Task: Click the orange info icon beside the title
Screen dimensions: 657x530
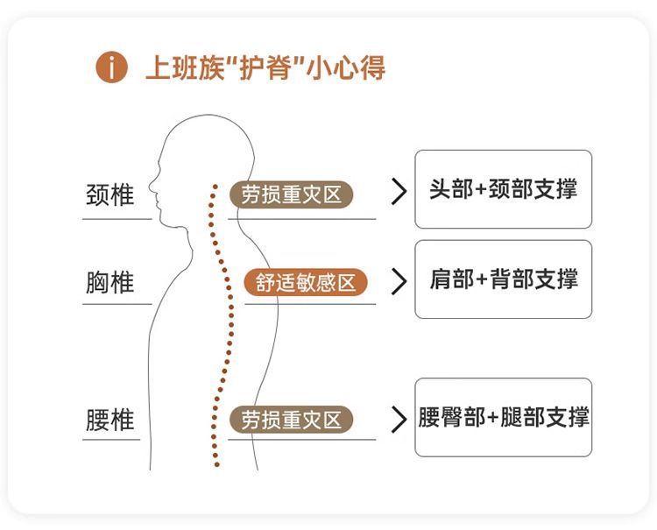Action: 112,67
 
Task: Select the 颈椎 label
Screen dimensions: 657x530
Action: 110,194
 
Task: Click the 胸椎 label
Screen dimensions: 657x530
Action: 110,283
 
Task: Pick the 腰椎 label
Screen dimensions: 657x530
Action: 110,420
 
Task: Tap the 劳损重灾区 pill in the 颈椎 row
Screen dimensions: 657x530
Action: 292,194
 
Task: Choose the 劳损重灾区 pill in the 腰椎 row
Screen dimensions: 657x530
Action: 292,420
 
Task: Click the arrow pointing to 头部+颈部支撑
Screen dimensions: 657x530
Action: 399,192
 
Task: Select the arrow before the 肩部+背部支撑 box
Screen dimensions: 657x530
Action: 399,280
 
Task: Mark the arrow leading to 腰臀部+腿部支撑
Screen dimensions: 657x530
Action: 399,419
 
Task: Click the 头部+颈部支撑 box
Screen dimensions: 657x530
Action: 503,189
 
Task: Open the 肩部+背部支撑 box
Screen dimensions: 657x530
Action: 503,279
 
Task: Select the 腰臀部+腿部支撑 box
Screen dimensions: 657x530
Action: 503,417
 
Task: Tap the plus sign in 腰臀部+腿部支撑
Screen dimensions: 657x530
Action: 493,418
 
